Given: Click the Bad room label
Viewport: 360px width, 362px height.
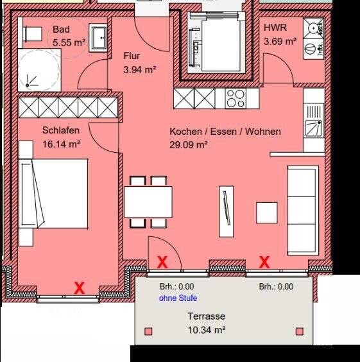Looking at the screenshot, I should (x=61, y=30).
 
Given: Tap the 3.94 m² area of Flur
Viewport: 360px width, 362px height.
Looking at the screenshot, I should (x=140, y=69).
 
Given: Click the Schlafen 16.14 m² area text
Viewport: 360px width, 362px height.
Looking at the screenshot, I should (x=61, y=145).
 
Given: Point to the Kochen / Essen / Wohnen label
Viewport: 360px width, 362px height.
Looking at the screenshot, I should (x=225, y=132).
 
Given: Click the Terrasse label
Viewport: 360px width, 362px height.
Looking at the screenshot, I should (x=206, y=316).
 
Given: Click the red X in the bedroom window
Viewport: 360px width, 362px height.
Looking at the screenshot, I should (x=79, y=288).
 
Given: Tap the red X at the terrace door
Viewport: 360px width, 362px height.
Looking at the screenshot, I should (x=163, y=262).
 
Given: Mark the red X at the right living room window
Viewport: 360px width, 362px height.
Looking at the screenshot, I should (x=264, y=262).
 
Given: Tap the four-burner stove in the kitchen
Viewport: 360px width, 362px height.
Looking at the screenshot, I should (x=236, y=98).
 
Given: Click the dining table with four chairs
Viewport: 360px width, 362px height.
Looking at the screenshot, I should (x=148, y=202).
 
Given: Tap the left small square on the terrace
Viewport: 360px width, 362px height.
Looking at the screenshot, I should (x=149, y=331).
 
